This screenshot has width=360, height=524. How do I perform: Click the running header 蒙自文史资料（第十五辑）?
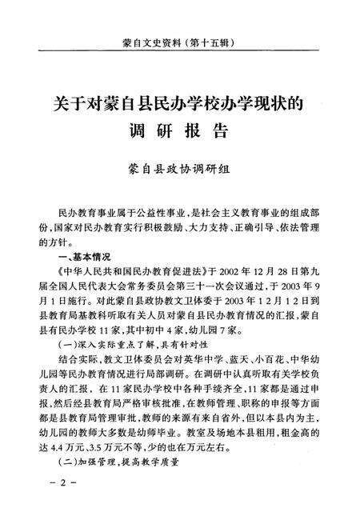click(180, 38)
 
